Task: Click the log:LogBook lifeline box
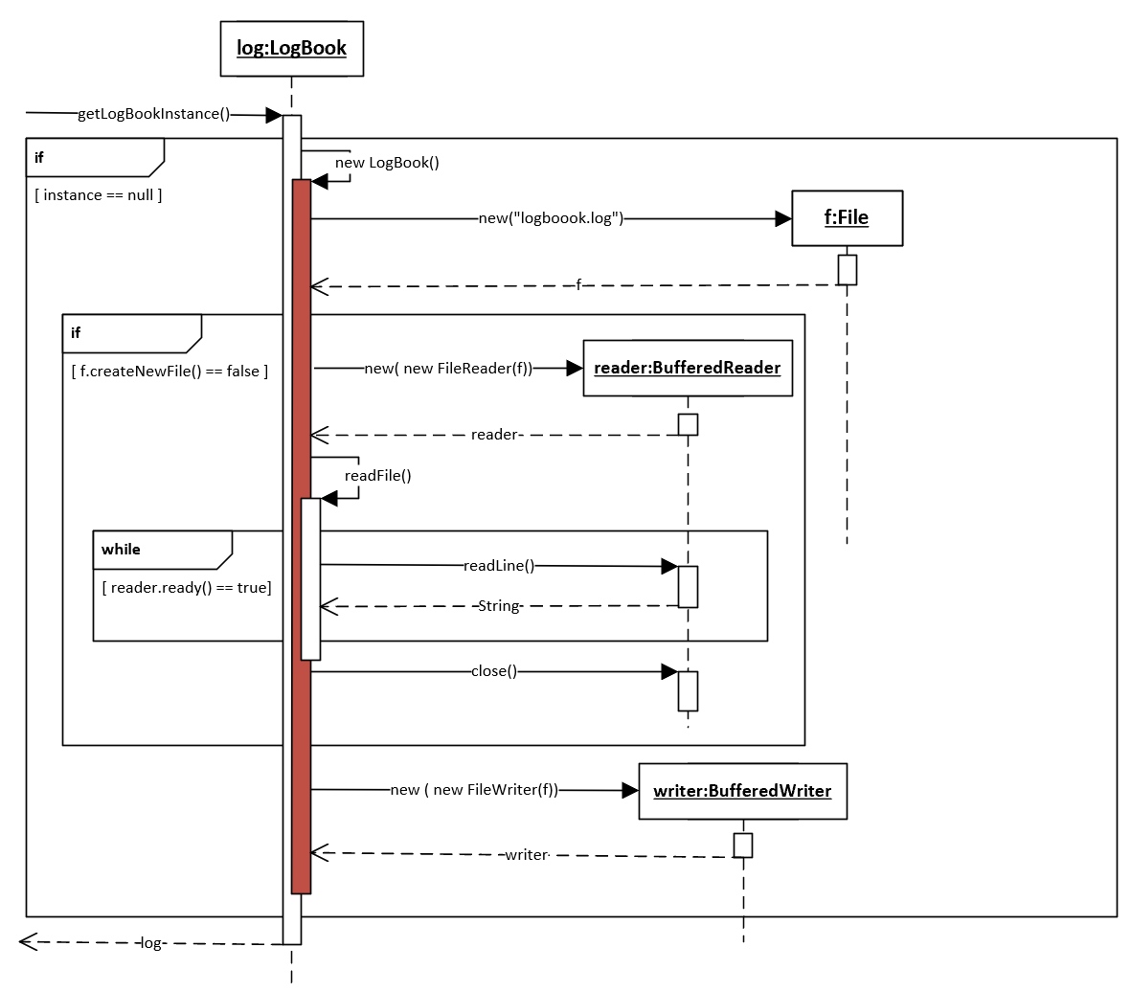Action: [x=291, y=48]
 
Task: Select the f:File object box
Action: [x=847, y=218]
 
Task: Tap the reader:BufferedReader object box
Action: [x=688, y=368]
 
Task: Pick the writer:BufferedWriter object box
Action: [x=743, y=791]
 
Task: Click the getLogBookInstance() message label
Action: [x=153, y=114]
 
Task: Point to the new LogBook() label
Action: [x=387, y=163]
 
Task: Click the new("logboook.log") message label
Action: [x=551, y=218]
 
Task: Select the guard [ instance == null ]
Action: [x=98, y=194]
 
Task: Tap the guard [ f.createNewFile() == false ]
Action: [x=170, y=371]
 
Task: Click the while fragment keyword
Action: [x=121, y=549]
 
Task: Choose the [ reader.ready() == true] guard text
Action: [x=187, y=587]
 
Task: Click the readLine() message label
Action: [x=498, y=566]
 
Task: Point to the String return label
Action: [x=499, y=606]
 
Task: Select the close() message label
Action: [x=494, y=671]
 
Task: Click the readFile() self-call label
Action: [x=378, y=476]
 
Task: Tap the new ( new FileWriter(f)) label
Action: [x=475, y=789]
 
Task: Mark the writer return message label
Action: [x=527, y=854]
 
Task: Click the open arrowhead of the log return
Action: [x=28, y=941]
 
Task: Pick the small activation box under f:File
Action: [x=848, y=270]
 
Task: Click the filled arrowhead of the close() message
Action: [x=669, y=671]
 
